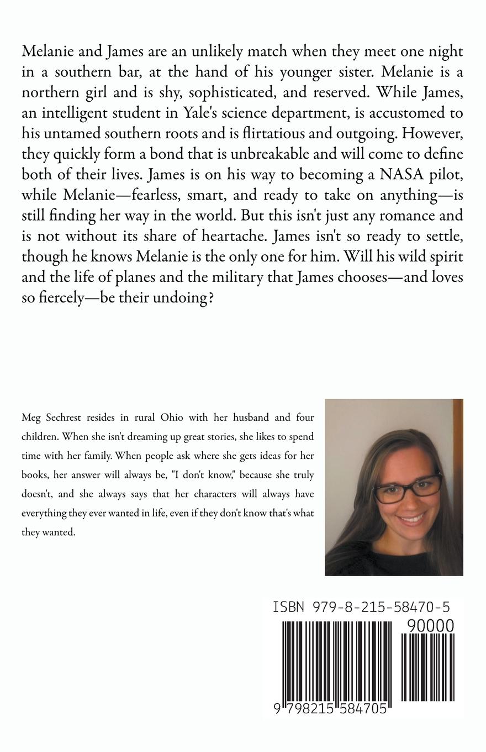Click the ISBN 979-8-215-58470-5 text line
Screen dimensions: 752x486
(x=361, y=607)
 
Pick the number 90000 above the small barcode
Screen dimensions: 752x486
(x=430, y=626)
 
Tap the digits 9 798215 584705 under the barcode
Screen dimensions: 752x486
(x=330, y=708)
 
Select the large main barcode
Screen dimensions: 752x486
(x=337, y=661)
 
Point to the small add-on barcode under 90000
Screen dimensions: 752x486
(x=427, y=667)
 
